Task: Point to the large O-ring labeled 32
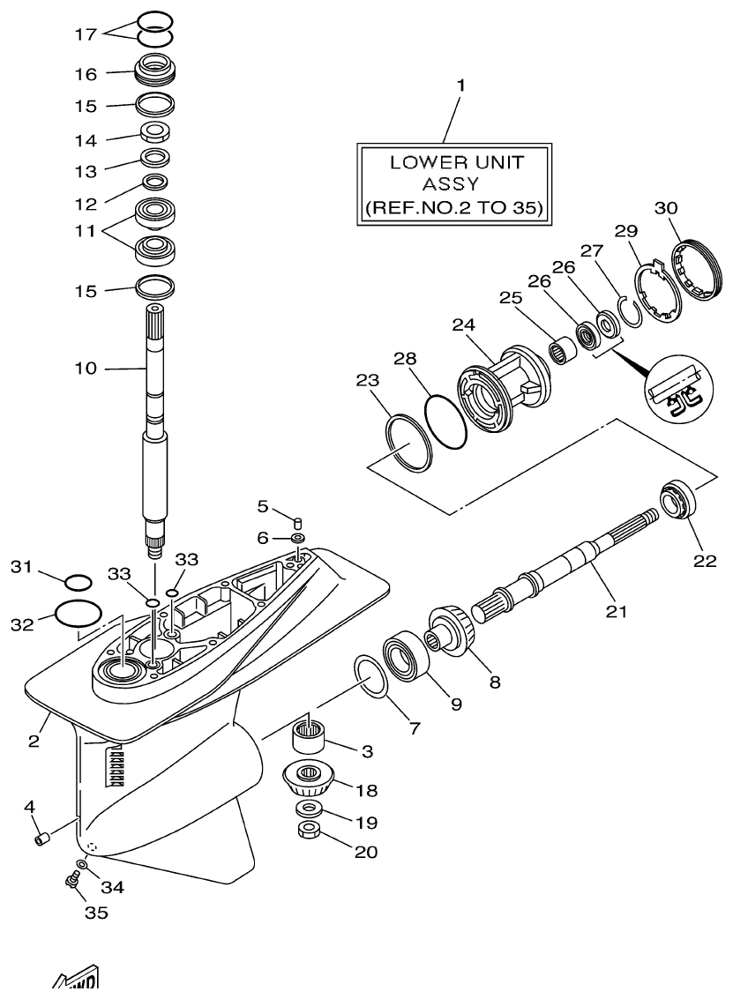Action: (78, 614)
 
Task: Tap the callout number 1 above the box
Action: (460, 87)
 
